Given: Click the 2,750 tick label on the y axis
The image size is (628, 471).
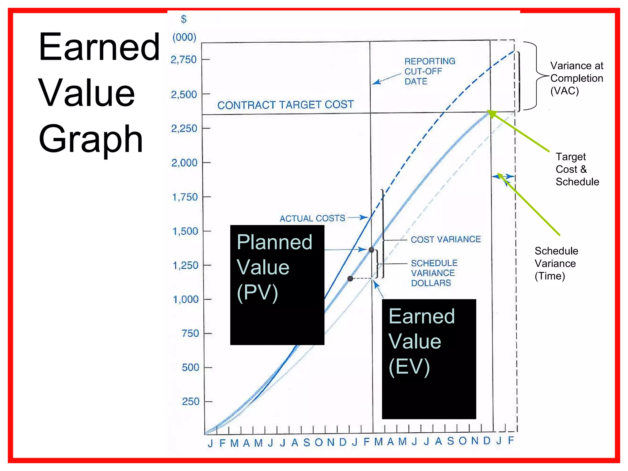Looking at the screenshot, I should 183,59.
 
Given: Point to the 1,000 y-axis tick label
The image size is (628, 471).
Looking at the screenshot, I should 186,299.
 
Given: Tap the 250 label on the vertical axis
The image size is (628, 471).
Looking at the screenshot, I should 190,401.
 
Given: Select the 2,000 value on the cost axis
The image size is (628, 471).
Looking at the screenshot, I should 184,163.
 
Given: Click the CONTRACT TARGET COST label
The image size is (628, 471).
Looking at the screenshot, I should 285,105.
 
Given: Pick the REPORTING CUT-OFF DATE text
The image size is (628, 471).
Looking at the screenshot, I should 429,71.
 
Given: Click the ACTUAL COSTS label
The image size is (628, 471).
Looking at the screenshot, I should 312,218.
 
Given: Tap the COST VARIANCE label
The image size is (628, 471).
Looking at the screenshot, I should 446,239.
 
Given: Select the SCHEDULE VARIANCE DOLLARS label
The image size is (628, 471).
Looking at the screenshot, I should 434,273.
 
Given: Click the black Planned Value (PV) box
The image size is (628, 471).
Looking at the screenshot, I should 277,285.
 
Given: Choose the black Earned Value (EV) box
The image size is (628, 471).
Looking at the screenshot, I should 429,359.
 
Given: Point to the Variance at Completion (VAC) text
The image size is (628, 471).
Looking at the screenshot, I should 576,78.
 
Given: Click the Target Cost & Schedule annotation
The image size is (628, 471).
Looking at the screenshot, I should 577,169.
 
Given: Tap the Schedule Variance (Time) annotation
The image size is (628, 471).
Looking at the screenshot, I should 556,263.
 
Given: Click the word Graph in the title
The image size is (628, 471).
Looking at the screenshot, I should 91,140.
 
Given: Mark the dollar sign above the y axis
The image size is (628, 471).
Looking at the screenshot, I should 184,19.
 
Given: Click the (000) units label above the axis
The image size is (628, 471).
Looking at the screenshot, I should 184,37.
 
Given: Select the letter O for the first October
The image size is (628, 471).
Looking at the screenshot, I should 319,442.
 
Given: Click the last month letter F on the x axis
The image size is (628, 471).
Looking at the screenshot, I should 511,440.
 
